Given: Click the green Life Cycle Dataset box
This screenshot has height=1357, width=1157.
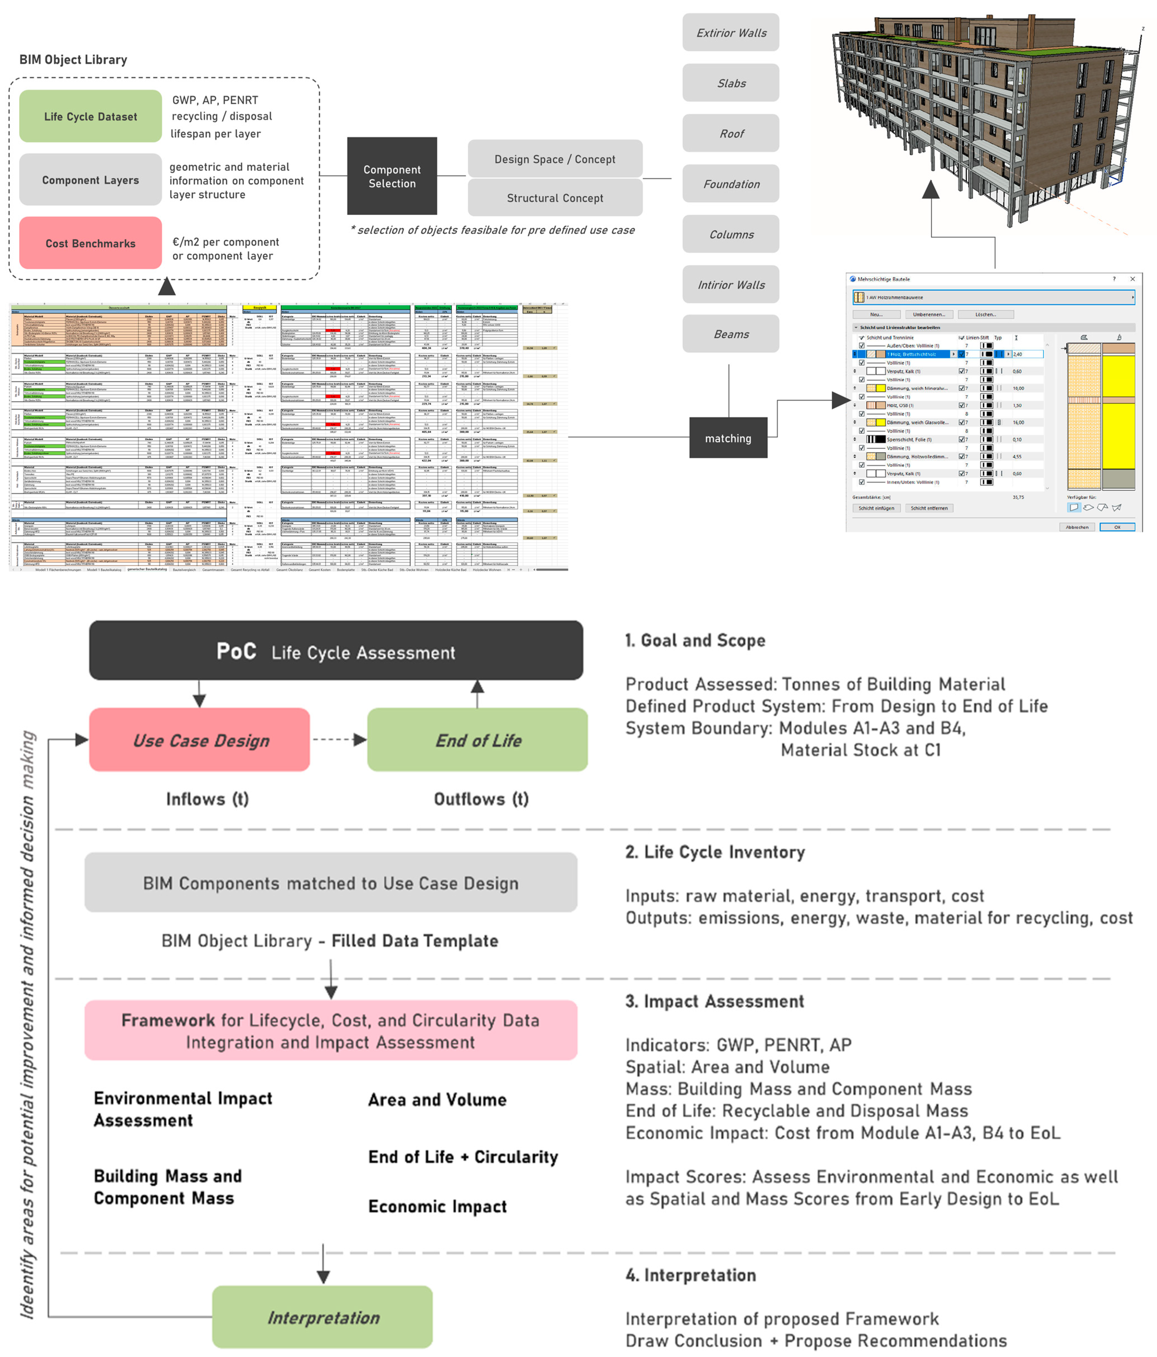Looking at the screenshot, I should [x=90, y=116].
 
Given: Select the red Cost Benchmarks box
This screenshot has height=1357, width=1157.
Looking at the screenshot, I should [x=90, y=243].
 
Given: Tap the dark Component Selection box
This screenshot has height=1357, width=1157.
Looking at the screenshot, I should [x=392, y=176].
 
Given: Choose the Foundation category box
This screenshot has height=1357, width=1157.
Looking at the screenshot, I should [x=731, y=184].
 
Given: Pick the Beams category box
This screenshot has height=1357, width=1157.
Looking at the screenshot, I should [x=731, y=334].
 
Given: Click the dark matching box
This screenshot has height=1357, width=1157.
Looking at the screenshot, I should [x=728, y=438].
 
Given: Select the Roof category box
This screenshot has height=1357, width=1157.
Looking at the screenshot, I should [x=731, y=134].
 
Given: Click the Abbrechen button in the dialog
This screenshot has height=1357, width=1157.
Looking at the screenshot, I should [x=1076, y=527].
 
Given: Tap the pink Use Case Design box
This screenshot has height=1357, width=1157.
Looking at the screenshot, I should [x=200, y=740].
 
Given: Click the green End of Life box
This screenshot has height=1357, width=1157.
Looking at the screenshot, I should [x=478, y=740].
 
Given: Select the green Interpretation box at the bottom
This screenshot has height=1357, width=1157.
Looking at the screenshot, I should [x=322, y=1317].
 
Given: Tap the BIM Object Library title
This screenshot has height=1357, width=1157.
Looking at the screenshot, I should [x=73, y=60].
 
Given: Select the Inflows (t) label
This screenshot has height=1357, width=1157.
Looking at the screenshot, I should [x=207, y=799].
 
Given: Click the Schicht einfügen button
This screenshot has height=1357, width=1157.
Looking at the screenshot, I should [x=876, y=508].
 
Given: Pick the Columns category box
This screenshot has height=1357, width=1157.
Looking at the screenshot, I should [x=731, y=235].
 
